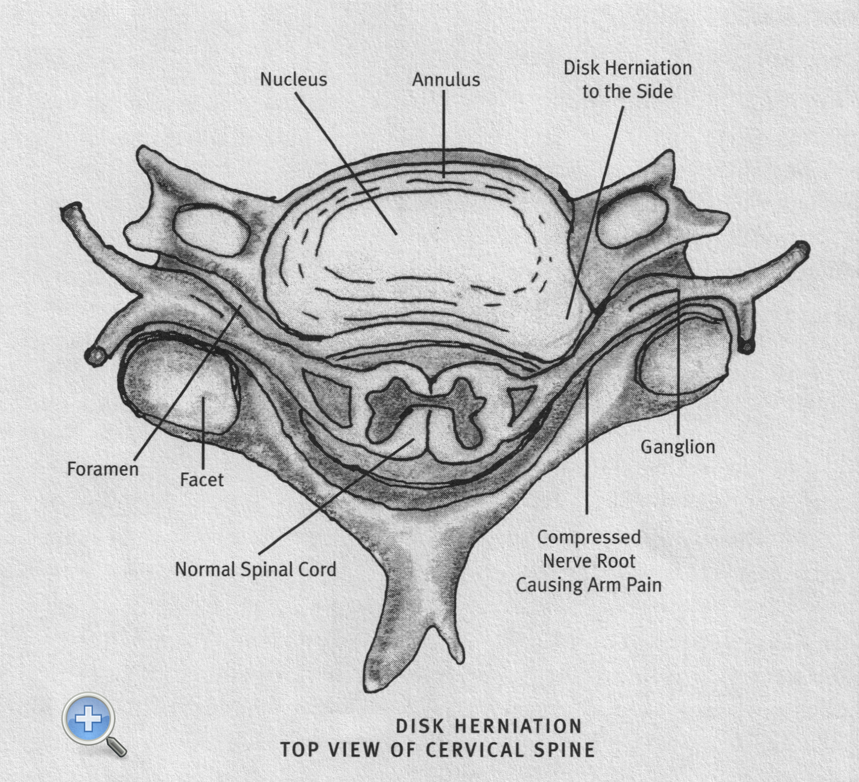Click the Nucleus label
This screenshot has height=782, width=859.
pyautogui.click(x=293, y=80)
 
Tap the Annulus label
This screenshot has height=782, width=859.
pyautogui.click(x=446, y=80)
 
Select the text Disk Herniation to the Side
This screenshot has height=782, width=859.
pyautogui.click(x=627, y=80)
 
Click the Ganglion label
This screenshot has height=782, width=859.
pyautogui.click(x=677, y=447)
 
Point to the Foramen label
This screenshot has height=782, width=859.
pyautogui.click(x=103, y=469)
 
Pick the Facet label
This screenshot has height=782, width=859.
pyautogui.click(x=201, y=480)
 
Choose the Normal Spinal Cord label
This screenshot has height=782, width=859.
pyautogui.click(x=256, y=570)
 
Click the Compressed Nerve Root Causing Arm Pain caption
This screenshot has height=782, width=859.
pyautogui.click(x=589, y=561)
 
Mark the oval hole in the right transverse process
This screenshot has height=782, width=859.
pyautogui.click(x=632, y=220)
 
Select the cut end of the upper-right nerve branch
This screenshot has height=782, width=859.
pyautogui.click(x=801, y=249)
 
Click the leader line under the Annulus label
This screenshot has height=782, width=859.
pyautogui.click(x=445, y=133)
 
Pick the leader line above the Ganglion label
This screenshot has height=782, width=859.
pyautogui.click(x=679, y=362)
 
